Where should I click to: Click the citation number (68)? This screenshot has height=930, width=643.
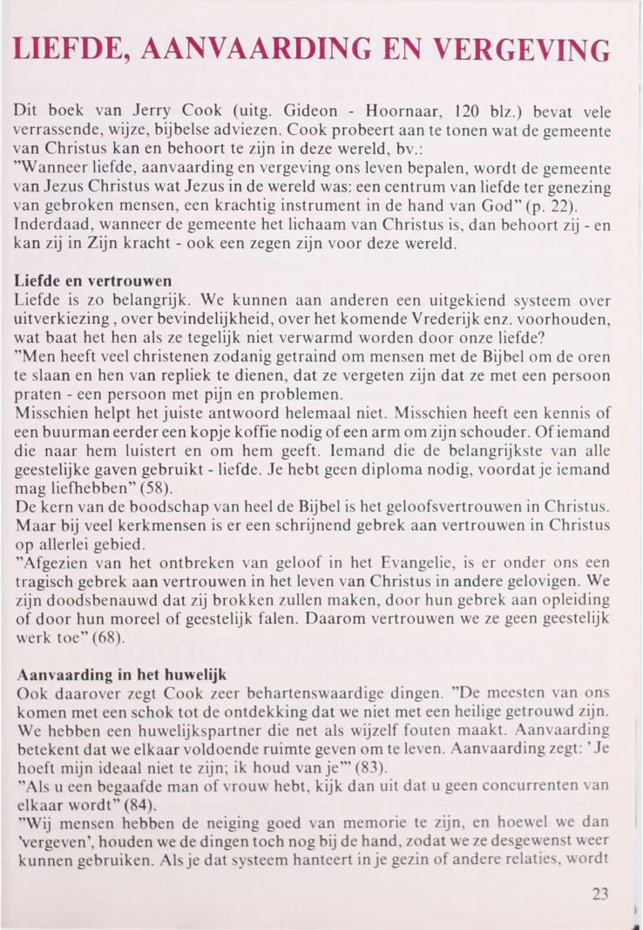click(109, 638)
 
